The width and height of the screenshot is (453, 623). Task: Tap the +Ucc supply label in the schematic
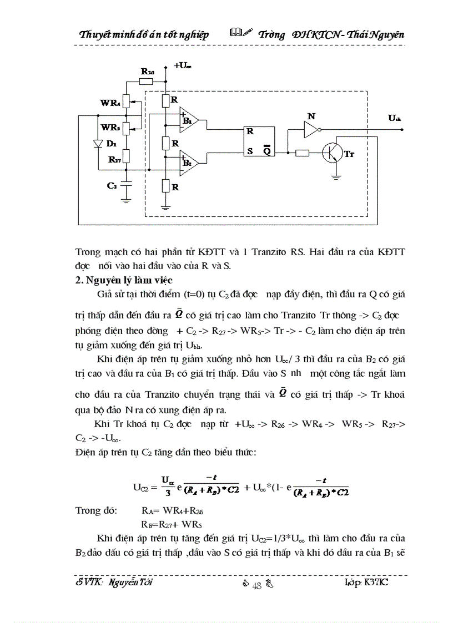(183, 66)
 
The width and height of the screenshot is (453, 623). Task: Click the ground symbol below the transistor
(335, 177)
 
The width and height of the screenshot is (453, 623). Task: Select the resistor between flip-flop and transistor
(302, 153)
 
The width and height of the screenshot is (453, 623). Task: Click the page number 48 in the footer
(256, 586)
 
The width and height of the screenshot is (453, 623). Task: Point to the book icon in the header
(236, 34)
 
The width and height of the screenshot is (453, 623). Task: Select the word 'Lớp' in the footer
(353, 584)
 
